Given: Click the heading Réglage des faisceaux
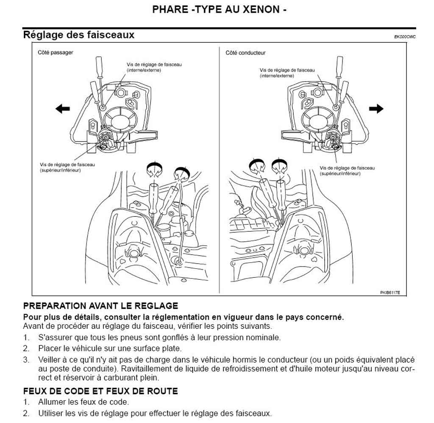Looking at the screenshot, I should coord(79,35).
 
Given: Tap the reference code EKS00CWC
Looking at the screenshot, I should coord(404,37).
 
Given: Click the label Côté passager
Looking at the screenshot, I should coord(56,53).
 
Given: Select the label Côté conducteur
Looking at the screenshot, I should coord(245,53).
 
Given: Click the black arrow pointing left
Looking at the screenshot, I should coord(62,109).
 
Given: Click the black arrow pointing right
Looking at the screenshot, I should coord(376,109).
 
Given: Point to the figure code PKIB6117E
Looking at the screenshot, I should coord(390,292).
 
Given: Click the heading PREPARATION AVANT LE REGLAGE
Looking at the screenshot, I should coord(100,306).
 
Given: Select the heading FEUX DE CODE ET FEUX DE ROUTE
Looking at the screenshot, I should coord(100,391).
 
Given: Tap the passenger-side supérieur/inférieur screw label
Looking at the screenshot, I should coord(67,167).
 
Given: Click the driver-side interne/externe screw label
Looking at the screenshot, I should coord(287,73).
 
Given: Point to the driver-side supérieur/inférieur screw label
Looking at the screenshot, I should coord(347,171).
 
